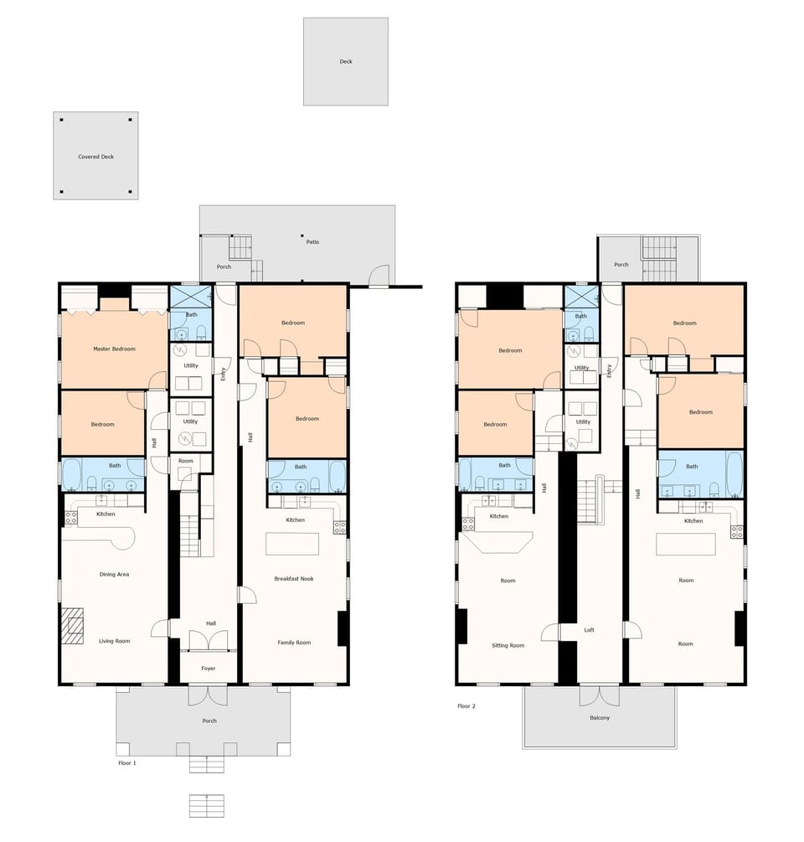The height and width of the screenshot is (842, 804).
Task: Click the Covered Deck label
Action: (x=95, y=157)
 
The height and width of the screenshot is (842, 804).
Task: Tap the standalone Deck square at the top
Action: (x=345, y=61)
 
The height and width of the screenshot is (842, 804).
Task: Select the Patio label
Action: (x=312, y=242)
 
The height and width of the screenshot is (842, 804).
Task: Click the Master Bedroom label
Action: (x=114, y=349)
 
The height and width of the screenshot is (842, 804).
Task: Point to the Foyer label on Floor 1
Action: (x=209, y=668)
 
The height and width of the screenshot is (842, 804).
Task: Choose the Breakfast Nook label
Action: (x=294, y=578)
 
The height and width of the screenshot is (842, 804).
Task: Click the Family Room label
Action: (x=294, y=643)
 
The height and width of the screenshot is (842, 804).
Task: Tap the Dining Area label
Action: (x=114, y=574)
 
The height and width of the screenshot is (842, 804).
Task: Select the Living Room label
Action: (x=115, y=641)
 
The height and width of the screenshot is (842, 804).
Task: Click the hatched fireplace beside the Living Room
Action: (x=73, y=626)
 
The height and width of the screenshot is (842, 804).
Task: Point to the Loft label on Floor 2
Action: (x=590, y=629)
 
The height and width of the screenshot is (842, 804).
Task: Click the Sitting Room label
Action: (x=508, y=645)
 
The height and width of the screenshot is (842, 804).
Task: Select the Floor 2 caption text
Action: (x=466, y=706)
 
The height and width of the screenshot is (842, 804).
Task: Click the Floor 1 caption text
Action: (x=127, y=763)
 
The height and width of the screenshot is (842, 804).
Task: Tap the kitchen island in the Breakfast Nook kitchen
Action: (x=293, y=544)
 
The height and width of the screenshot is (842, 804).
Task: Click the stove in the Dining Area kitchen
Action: (x=70, y=519)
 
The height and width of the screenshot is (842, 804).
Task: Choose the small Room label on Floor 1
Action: (x=186, y=461)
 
